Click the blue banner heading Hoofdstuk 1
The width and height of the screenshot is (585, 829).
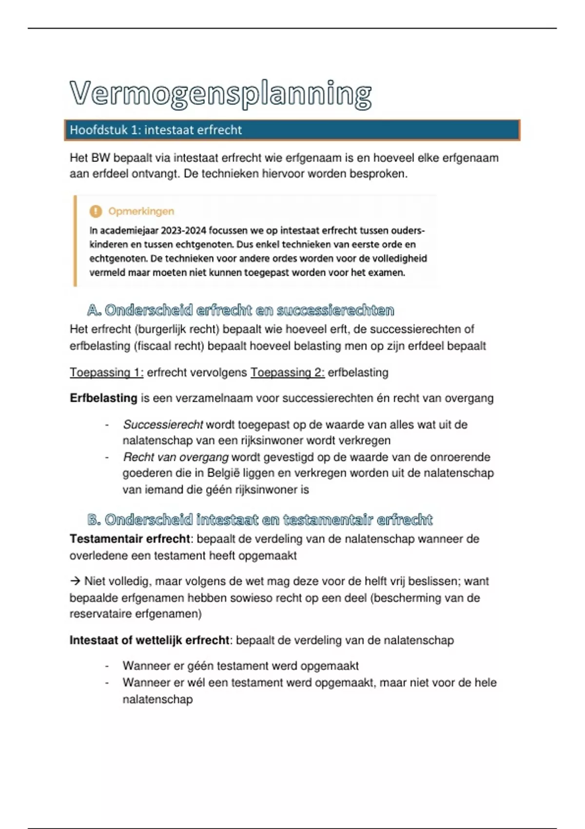tap(156, 130)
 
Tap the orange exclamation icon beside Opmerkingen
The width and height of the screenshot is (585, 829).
tap(96, 211)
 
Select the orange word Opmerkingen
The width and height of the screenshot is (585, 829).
tap(141, 211)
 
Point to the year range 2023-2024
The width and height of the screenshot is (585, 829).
tap(181, 230)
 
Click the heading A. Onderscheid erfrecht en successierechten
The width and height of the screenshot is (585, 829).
tap(240, 310)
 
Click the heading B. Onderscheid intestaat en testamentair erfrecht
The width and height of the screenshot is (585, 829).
tap(260, 520)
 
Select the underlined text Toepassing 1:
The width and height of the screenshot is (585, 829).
tap(106, 373)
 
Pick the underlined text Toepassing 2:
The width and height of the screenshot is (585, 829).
tap(287, 373)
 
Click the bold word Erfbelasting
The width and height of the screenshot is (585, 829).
tap(103, 398)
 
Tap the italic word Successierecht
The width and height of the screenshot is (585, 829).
tap(163, 425)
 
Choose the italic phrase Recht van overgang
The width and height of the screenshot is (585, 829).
tap(175, 457)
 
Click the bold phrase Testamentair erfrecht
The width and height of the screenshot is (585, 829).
tap(130, 539)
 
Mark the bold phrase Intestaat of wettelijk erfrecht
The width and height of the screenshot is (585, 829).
tap(149, 640)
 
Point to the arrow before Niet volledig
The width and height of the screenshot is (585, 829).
tap(75, 581)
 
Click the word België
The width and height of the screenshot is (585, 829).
tap(223, 473)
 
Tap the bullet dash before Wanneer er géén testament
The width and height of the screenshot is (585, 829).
tap(107, 666)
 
